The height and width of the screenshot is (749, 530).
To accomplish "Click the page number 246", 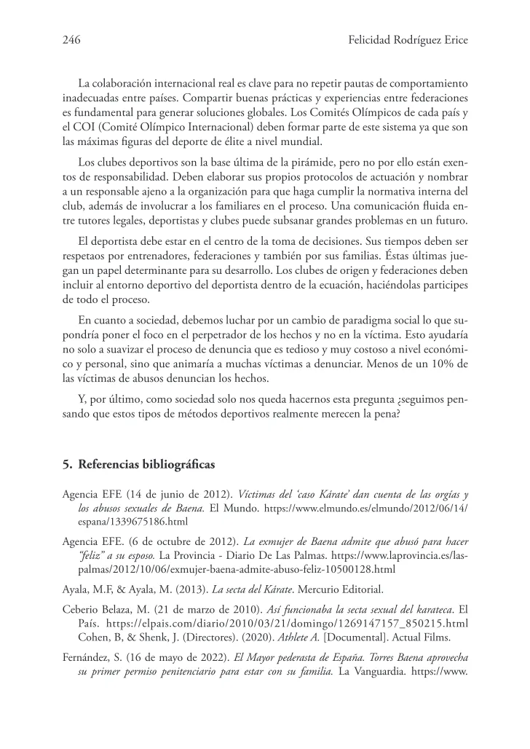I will [71, 41].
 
